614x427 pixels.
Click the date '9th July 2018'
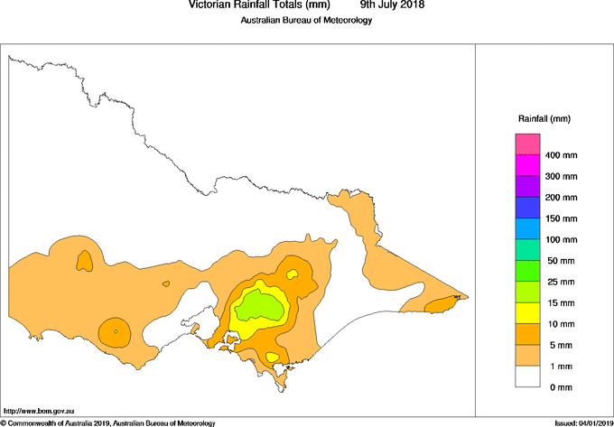[386, 5]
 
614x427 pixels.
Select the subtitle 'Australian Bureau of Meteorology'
[306, 21]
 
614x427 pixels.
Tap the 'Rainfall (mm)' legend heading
[544, 119]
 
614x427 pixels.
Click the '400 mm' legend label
[561, 155]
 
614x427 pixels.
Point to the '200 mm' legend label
[561, 198]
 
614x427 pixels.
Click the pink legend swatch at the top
[527, 144]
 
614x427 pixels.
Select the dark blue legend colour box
[527, 208]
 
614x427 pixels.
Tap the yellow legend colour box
[527, 313]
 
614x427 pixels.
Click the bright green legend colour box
[527, 271]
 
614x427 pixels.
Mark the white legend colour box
[527, 376]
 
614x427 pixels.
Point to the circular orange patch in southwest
[115, 331]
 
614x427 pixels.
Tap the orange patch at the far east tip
[440, 304]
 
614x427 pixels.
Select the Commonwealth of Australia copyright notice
[108, 422]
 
